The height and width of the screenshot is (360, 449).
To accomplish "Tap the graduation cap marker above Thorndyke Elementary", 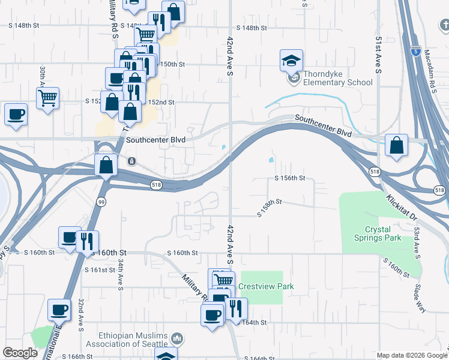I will pos(291,61).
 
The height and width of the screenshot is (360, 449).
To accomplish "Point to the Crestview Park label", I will pos(266,287).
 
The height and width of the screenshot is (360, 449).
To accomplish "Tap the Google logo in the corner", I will pos(20,353).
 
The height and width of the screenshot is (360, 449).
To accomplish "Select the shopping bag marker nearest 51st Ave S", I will pos(396,145).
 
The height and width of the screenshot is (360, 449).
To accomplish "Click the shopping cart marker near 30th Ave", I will pos(47,97).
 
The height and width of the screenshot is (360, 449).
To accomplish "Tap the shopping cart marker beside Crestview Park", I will pos(224,280).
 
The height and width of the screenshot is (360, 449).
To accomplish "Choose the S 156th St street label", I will pos(290,178).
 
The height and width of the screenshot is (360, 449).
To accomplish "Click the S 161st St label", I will pos(100,270).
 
